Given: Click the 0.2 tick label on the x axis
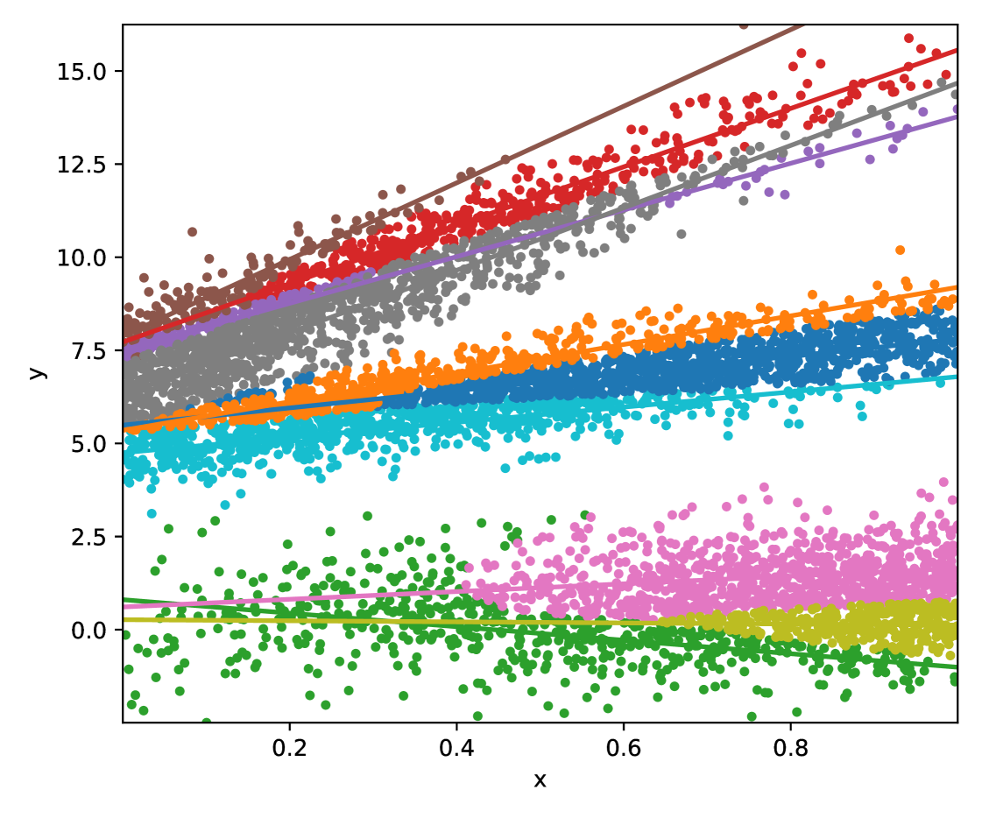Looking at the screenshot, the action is pyautogui.click(x=289, y=748).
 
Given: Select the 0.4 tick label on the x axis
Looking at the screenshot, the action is pyautogui.click(x=456, y=748).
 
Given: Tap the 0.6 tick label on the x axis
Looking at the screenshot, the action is pyautogui.click(x=624, y=748).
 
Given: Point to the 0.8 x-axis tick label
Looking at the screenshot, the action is pyautogui.click(x=790, y=748).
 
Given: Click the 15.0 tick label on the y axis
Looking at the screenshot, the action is pyautogui.click(x=81, y=72).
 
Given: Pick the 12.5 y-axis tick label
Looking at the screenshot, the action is pyautogui.click(x=81, y=165).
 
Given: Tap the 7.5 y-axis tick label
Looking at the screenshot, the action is pyautogui.click(x=88, y=350).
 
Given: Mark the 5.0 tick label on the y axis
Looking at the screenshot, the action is pyautogui.click(x=88, y=444).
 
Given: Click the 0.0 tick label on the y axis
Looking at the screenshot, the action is pyautogui.click(x=88, y=630).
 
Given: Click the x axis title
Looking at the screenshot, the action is pyautogui.click(x=540, y=780).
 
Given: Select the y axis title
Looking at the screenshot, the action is pyautogui.click(x=37, y=373).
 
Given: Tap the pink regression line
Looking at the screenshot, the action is pyautogui.click(x=540, y=588).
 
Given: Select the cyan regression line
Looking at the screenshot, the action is pyautogui.click(x=540, y=413).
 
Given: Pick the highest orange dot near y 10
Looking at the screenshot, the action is pyautogui.click(x=900, y=250).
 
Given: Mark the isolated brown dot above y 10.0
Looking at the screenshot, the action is pyautogui.click(x=192, y=232).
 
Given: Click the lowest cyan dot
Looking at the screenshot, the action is pyautogui.click(x=152, y=513).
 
